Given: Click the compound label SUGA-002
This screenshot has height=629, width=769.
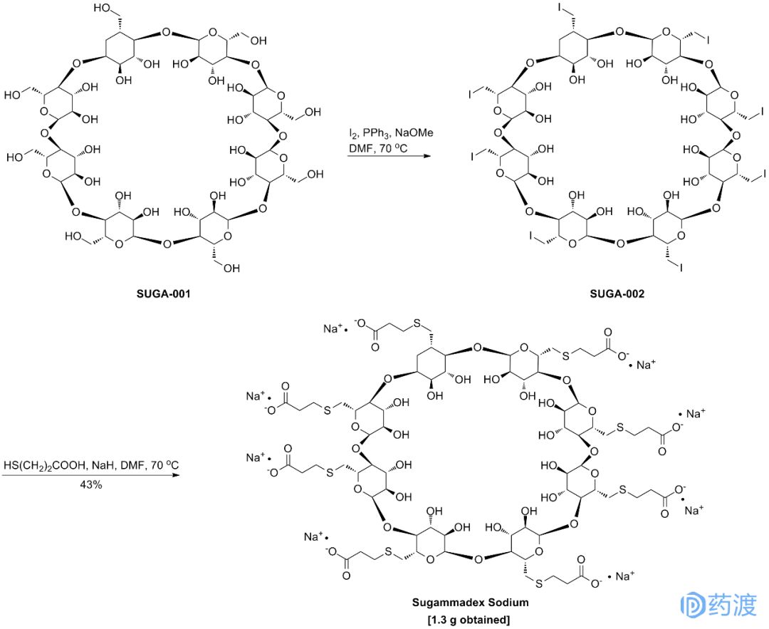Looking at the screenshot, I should point(617,293).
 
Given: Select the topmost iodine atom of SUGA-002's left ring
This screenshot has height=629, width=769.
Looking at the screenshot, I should point(561,9).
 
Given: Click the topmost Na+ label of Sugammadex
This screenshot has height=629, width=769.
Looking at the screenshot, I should point(332,328).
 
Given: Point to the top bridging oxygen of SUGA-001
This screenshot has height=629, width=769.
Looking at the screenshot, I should point(166,32).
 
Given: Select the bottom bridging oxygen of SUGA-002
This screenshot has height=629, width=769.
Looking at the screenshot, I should point(619,244).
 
